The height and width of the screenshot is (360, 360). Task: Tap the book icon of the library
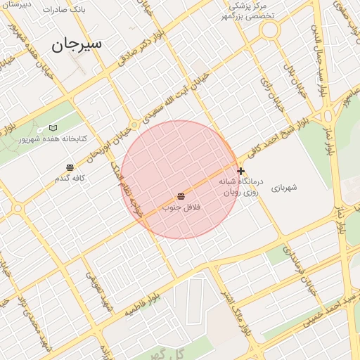pos(53,128)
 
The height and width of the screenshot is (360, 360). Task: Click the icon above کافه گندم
pos(70,167)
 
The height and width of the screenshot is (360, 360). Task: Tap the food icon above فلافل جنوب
pos(181,195)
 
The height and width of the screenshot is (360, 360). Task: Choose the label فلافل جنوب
pos(182,207)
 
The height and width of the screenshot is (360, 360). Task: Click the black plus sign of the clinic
pos(241,171)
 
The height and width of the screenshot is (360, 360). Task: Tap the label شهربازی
pos(284,187)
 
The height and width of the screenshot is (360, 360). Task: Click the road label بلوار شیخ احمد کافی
pos(269,140)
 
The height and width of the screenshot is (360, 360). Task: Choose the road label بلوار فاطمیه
pos(145,304)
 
